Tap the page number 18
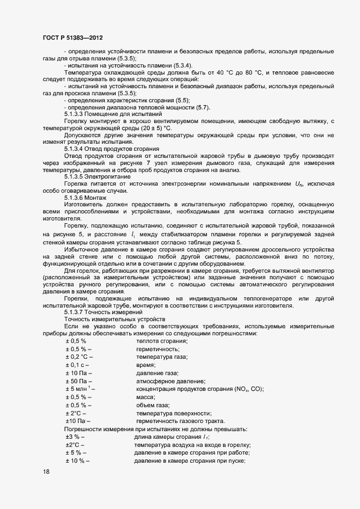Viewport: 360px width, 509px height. (46, 472)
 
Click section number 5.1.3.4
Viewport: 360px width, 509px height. (76, 149)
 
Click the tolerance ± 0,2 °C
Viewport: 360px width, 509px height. (78, 357)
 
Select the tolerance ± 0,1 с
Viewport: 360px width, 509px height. (75, 365)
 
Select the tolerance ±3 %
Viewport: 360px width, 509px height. (73, 437)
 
